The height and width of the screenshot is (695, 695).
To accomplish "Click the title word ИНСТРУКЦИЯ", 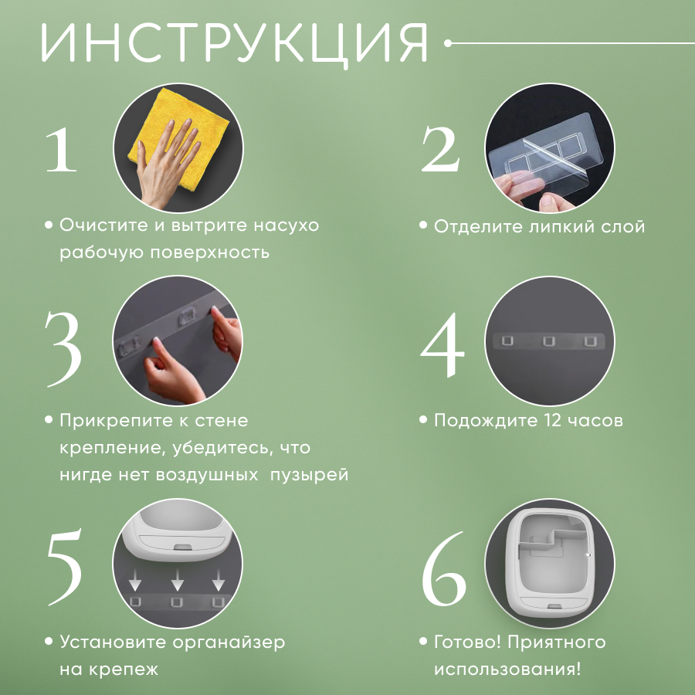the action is pyautogui.click(x=235, y=44).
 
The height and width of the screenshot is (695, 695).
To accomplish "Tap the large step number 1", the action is pyautogui.click(x=61, y=149).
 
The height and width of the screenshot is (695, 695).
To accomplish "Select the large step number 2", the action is pyautogui.click(x=440, y=149).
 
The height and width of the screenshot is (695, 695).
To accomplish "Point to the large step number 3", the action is pyautogui.click(x=63, y=349).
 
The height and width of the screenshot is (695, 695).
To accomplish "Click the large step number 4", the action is pyautogui.click(x=442, y=344).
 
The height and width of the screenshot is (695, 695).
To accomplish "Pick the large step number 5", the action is pyautogui.click(x=65, y=566).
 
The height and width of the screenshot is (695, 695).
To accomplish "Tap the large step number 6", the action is pyautogui.click(x=444, y=568).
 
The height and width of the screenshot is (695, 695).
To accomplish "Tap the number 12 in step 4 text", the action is pyautogui.click(x=553, y=420).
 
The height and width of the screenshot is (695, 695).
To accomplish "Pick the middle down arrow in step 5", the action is pyautogui.click(x=178, y=580).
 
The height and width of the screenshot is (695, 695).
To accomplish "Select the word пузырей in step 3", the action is pyautogui.click(x=309, y=475).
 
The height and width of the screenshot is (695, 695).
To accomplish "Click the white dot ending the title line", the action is pyautogui.click(x=448, y=43).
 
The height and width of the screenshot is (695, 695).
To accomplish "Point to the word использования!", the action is pyautogui.click(x=507, y=669).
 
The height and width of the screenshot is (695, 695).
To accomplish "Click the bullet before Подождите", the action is pyautogui.click(x=423, y=420).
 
